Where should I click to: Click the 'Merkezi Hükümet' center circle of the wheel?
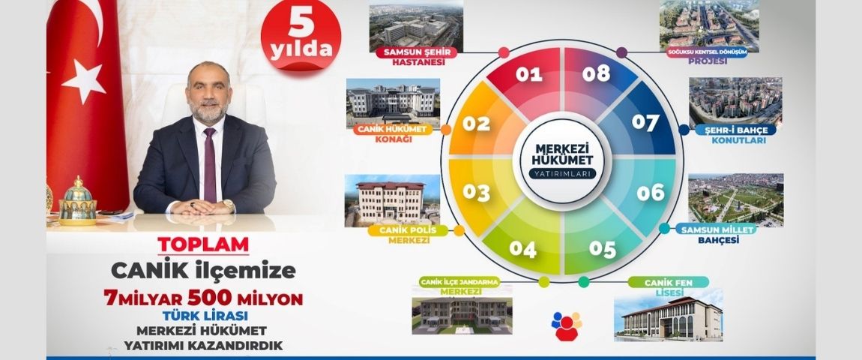[x=562, y=160]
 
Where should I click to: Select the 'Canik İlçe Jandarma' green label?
[x=459, y=282]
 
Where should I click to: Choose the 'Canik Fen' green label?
[x=669, y=283]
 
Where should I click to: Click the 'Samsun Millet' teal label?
[x=715, y=229]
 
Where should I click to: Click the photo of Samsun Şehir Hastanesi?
[x=416, y=27]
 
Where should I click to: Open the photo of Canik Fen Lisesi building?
[x=668, y=316]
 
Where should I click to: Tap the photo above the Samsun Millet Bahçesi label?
[x=735, y=200]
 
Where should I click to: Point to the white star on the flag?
[x=84, y=82]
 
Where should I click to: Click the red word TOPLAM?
[x=203, y=244]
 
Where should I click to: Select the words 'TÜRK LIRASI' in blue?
[x=205, y=316]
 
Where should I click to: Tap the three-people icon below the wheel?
[x=566, y=325]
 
